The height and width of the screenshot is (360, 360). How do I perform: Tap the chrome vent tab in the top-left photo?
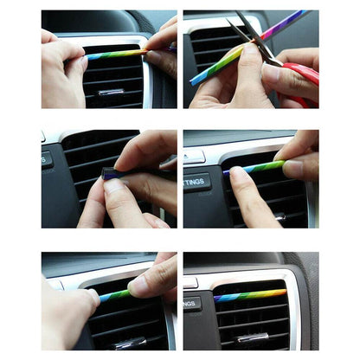pos(110,91)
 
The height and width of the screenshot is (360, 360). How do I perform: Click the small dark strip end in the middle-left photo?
pos(111,173)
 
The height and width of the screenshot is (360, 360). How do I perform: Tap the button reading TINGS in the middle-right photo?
pos(196,183)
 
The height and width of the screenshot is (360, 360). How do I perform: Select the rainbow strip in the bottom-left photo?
pos(115,295)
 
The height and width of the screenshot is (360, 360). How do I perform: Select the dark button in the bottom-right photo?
pos(192,304)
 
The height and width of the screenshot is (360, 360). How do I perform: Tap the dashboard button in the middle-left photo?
pos(46,160)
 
